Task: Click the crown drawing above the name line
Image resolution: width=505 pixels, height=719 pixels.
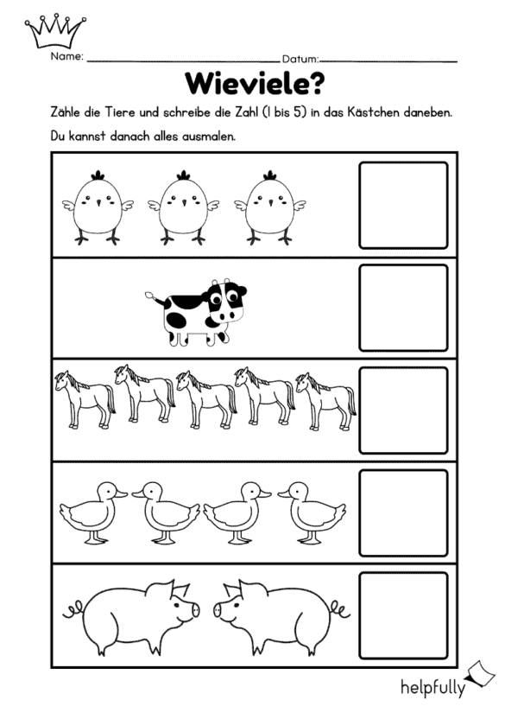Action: (55, 31)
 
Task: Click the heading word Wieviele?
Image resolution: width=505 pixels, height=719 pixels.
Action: (255, 83)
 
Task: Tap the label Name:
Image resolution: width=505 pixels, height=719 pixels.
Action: (67, 56)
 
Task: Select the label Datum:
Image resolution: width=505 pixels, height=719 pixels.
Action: (300, 59)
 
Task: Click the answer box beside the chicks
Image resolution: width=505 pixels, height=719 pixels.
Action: (403, 205)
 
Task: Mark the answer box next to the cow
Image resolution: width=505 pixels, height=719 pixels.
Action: (403, 308)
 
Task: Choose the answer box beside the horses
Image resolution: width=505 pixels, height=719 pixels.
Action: (403, 410)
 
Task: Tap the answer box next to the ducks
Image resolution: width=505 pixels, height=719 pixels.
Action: (403, 512)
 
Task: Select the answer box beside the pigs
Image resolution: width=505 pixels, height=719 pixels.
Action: (403, 615)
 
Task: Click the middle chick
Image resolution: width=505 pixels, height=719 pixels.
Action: (183, 207)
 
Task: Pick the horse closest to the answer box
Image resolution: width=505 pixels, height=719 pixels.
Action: (325, 401)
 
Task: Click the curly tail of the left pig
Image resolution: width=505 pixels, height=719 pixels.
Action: (73, 609)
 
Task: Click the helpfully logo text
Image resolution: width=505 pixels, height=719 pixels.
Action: (433, 687)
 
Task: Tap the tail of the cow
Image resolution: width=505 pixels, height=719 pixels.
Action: (155, 298)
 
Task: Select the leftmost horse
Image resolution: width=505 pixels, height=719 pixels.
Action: (85, 399)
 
